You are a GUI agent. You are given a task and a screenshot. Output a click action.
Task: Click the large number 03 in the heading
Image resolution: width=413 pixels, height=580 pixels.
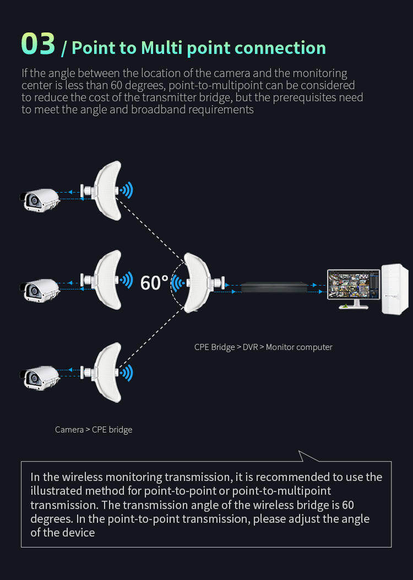click(x=38, y=44)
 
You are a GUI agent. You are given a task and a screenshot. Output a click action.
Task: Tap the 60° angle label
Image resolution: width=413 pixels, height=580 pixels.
click(x=154, y=283)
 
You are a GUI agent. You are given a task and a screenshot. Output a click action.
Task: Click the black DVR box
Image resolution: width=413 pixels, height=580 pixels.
click(x=274, y=287)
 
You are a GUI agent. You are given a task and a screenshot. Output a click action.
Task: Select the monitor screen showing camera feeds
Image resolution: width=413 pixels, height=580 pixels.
click(x=354, y=285)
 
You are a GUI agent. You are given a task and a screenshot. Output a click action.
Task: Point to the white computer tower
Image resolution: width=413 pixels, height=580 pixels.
click(x=395, y=289)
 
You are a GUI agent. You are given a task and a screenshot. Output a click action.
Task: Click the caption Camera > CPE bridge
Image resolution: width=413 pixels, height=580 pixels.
click(x=94, y=429)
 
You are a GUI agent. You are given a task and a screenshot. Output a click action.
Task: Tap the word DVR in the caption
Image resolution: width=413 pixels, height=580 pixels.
click(x=250, y=347)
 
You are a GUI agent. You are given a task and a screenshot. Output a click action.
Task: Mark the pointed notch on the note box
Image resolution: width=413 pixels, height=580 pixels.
click(x=300, y=451)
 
